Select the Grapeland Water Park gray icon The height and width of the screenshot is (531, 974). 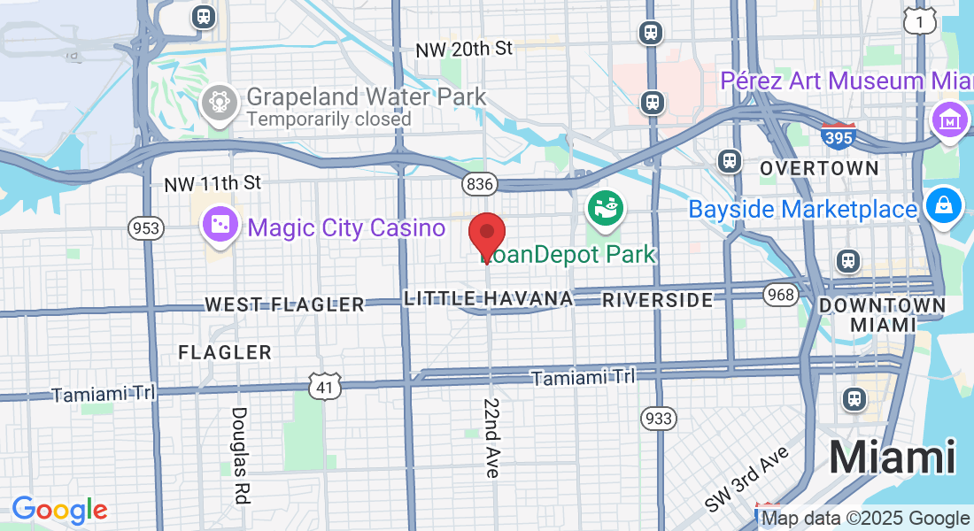pyautogui.click(x=217, y=104)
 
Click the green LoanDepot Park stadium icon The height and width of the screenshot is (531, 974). pyautogui.click(x=607, y=209)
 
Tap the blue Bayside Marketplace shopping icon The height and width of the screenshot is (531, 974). pyautogui.click(x=944, y=204)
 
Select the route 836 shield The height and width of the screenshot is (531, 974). pyautogui.click(x=479, y=184)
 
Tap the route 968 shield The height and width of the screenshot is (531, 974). pyautogui.click(x=782, y=294)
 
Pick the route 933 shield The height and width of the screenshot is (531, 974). pyautogui.click(x=659, y=418)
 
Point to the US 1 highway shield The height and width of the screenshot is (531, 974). pyautogui.click(x=920, y=19)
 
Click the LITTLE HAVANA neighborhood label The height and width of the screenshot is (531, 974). pyautogui.click(x=488, y=299)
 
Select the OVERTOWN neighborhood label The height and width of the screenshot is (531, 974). pyautogui.click(x=819, y=168)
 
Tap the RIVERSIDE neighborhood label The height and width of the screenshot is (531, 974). pyautogui.click(x=657, y=299)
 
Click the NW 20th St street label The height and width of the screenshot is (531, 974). pyautogui.click(x=464, y=50)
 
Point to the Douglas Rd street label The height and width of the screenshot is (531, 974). pyautogui.click(x=239, y=455)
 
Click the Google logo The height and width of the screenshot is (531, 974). pyautogui.click(x=59, y=510)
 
